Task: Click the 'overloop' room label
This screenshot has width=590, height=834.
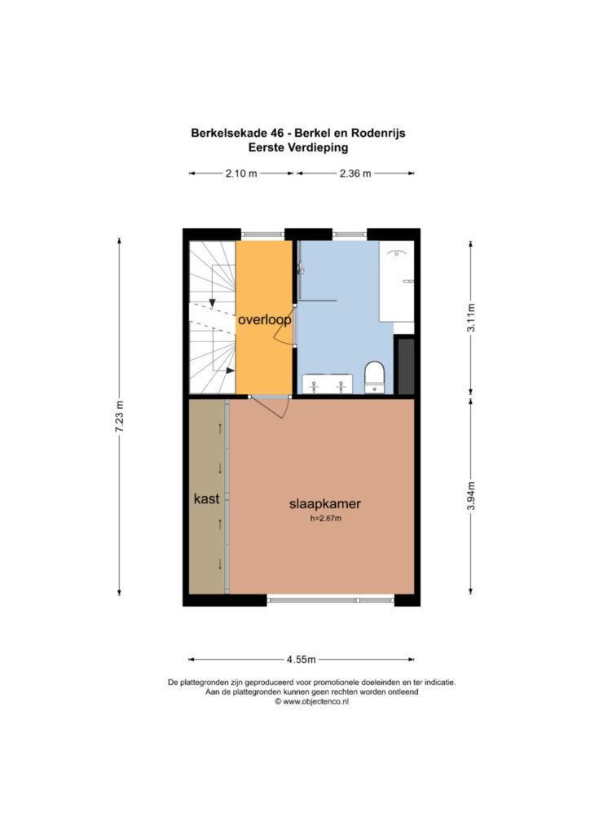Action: click(264, 319)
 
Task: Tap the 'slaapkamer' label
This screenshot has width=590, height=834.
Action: click(325, 503)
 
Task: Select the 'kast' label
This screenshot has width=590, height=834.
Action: click(206, 499)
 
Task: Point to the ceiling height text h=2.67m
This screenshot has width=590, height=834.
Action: click(326, 519)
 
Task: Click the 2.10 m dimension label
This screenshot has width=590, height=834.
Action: click(241, 173)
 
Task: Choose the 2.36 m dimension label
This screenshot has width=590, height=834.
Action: click(355, 173)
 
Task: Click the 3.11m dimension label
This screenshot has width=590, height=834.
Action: click(471, 318)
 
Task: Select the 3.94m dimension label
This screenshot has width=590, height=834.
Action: click(471, 496)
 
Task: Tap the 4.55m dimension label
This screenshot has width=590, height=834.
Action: click(302, 660)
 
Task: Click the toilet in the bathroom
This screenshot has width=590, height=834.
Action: click(375, 377)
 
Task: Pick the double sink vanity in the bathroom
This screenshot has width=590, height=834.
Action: click(327, 384)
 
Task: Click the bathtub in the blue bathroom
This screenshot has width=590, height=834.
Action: click(396, 281)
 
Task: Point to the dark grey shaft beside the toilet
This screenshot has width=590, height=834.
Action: click(406, 366)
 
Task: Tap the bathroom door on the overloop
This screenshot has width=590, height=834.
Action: click(283, 325)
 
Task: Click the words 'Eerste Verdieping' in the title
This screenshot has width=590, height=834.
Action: click(298, 148)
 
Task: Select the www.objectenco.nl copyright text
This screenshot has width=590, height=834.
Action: click(312, 701)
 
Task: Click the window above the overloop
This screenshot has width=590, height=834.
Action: click(263, 235)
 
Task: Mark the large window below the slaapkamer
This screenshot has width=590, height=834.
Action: click(330, 600)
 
